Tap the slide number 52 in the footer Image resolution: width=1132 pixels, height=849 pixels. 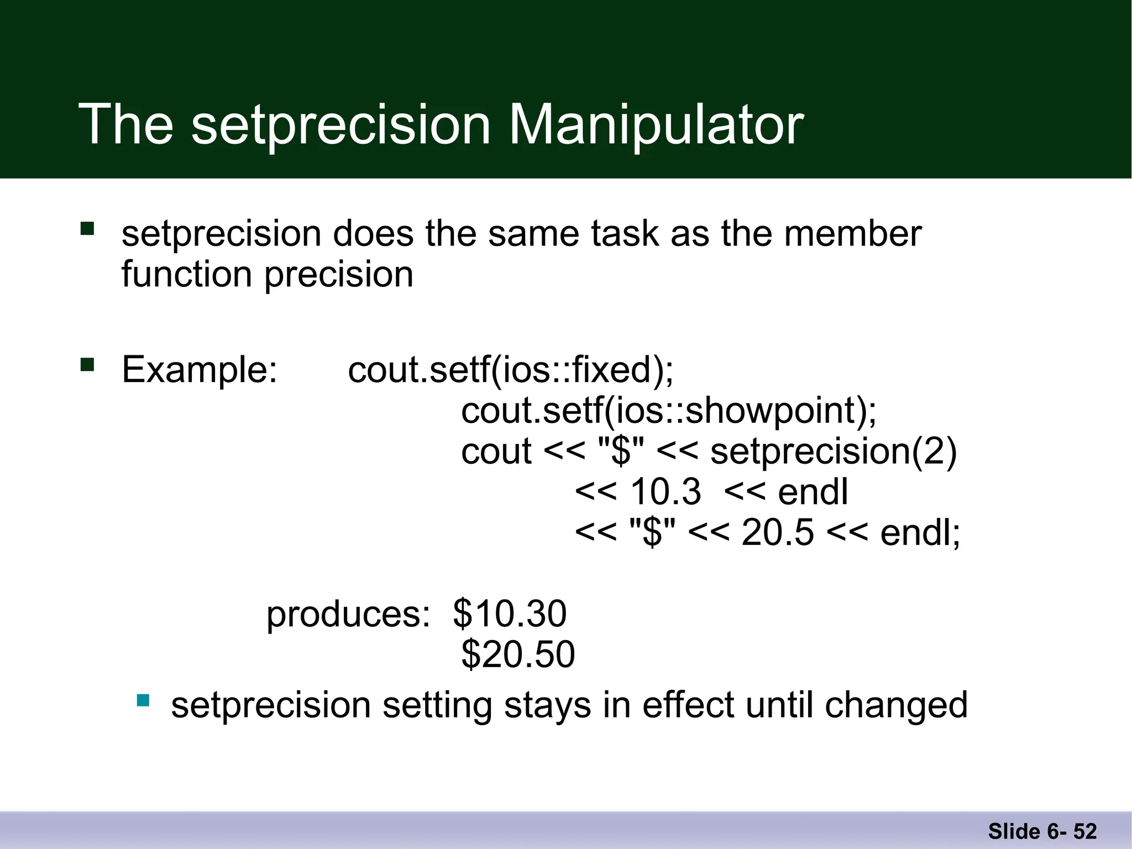[x=1085, y=831]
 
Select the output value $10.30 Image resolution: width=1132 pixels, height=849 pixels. [x=510, y=614]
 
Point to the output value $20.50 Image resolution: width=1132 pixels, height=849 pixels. [x=518, y=654]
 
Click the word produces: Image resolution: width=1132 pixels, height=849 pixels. [x=348, y=615]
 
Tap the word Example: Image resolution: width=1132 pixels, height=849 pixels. [x=199, y=369]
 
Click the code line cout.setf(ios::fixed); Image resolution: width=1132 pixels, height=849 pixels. [x=511, y=369]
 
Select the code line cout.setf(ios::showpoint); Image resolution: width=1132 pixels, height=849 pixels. [x=669, y=411]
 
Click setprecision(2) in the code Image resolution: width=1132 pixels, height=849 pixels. [x=833, y=452]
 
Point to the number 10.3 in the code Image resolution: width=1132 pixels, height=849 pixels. [x=665, y=492]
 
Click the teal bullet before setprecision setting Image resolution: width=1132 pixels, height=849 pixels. [x=143, y=701]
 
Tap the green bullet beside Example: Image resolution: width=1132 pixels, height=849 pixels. [x=87, y=365]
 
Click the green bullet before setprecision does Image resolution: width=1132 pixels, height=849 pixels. [x=87, y=229]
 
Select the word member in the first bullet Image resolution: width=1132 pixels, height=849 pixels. [x=852, y=233]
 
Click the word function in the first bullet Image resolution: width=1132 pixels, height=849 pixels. [x=187, y=274]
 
